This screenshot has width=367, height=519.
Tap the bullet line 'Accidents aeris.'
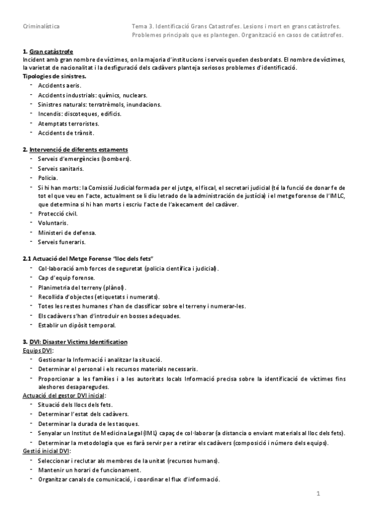pos(59,86)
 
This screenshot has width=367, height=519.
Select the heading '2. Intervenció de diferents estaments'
pos(75,149)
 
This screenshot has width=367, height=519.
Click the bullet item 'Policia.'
pos(48,177)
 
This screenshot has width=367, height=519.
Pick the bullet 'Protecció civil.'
pos(58,214)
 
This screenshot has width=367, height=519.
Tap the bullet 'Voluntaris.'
pos(53,223)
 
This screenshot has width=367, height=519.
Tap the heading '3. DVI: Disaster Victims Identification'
pos(75,342)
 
